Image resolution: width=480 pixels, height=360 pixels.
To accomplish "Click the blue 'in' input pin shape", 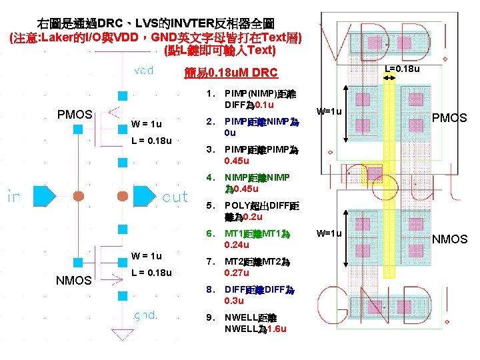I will click(44, 196).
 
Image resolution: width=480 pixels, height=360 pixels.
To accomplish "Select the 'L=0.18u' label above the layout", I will click(402, 69).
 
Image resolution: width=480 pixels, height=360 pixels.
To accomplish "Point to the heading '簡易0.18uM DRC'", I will click(229, 73).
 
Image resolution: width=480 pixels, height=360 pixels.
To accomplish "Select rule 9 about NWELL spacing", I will click(255, 323).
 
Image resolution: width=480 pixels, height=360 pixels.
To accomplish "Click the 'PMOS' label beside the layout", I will click(450, 118).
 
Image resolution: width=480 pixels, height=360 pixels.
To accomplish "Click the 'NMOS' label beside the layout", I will click(450, 239).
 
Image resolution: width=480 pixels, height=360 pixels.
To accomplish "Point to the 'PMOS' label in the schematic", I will click(75, 114).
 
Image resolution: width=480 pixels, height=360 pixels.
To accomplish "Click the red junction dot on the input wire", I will click(78, 196).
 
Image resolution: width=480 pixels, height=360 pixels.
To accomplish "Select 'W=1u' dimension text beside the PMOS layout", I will click(329, 111).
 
